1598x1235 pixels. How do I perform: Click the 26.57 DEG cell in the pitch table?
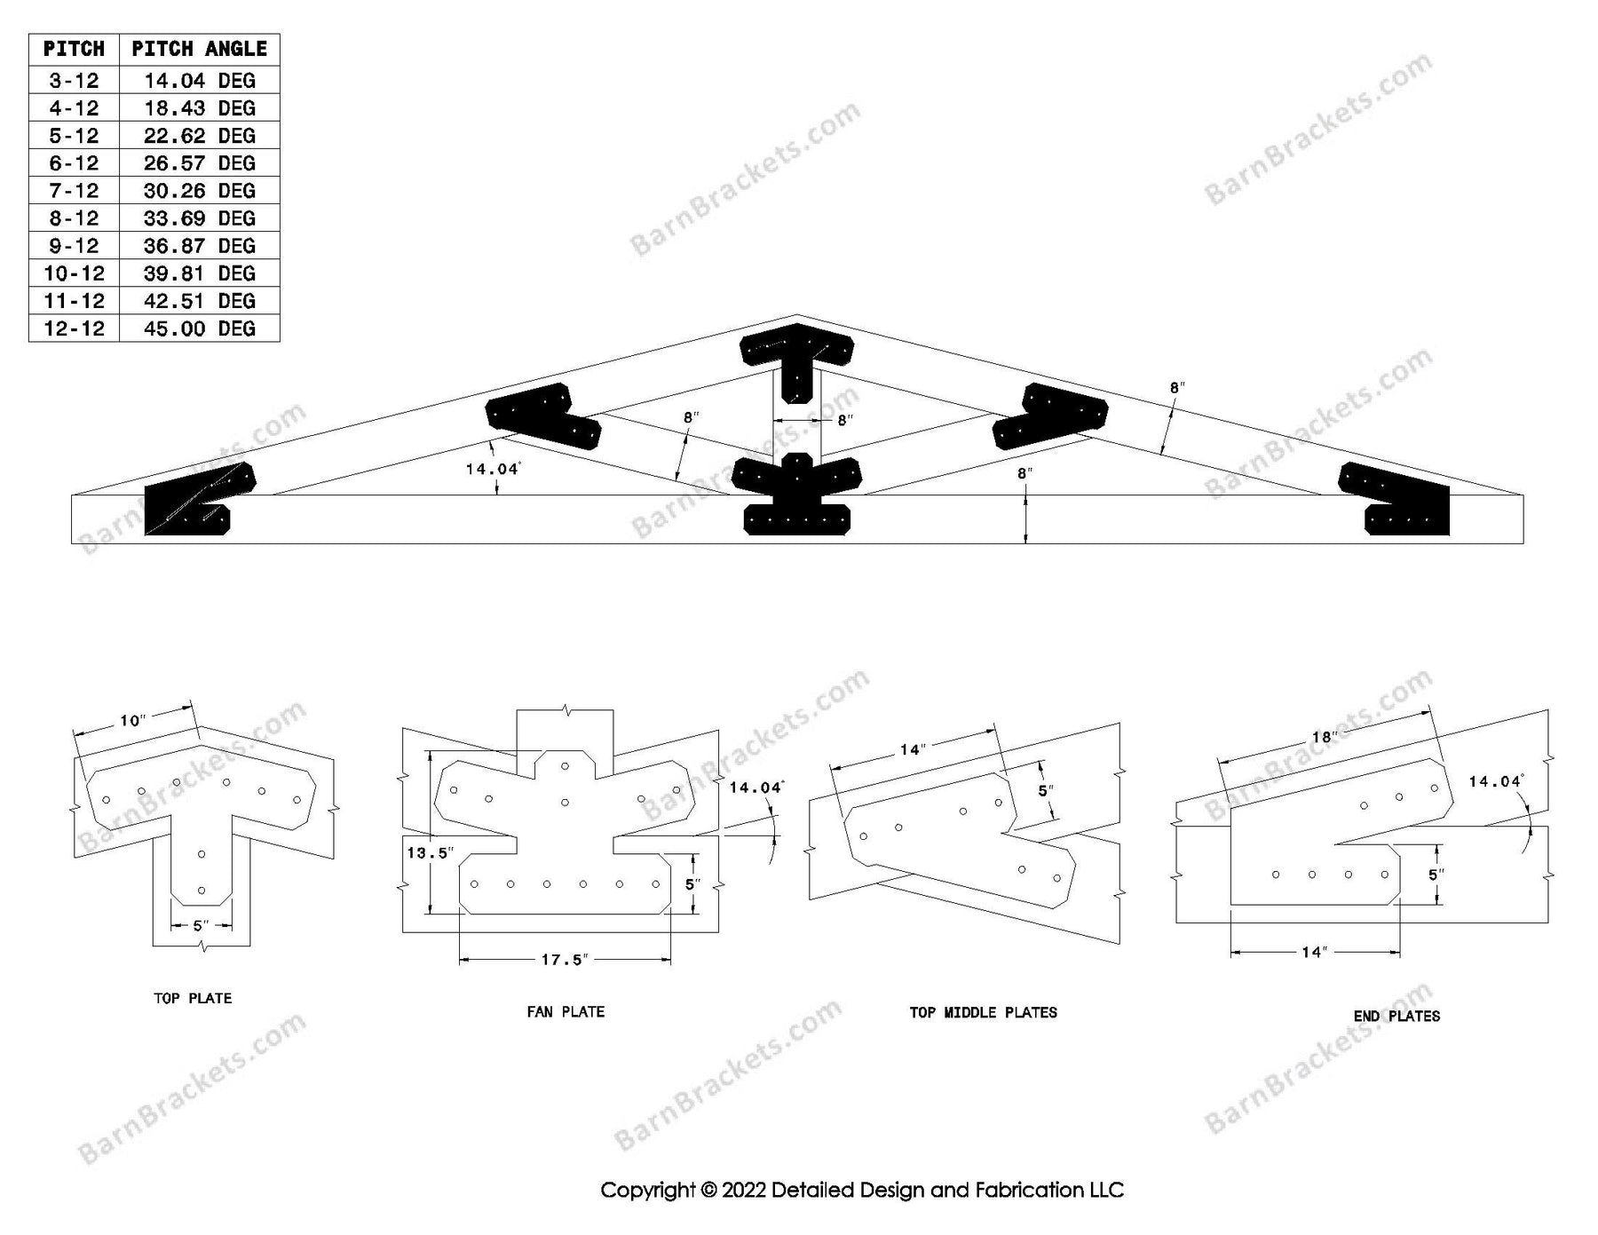199,163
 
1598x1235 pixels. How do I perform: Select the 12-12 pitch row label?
74,329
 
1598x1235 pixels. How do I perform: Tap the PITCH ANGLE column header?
199,49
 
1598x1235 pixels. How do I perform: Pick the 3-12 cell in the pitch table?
74,81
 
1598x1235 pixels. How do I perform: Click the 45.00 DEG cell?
199,329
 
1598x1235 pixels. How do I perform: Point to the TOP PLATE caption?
193,999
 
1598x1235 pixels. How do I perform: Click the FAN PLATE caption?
566,1011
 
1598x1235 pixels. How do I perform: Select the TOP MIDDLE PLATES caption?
983,1012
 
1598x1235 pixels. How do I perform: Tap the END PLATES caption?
1396,1016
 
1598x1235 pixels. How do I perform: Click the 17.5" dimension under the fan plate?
566,960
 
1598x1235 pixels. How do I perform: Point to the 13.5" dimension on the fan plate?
430,853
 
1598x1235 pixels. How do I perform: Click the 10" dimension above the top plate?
132,720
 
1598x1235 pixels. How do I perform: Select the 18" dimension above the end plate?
1324,737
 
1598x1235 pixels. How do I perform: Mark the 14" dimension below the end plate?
1313,953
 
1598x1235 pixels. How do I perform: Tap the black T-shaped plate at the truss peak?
796,361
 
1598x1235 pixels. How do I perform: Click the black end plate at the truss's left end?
200,499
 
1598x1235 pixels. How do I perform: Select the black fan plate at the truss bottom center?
796,494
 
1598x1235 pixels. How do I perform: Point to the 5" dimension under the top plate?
202,926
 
